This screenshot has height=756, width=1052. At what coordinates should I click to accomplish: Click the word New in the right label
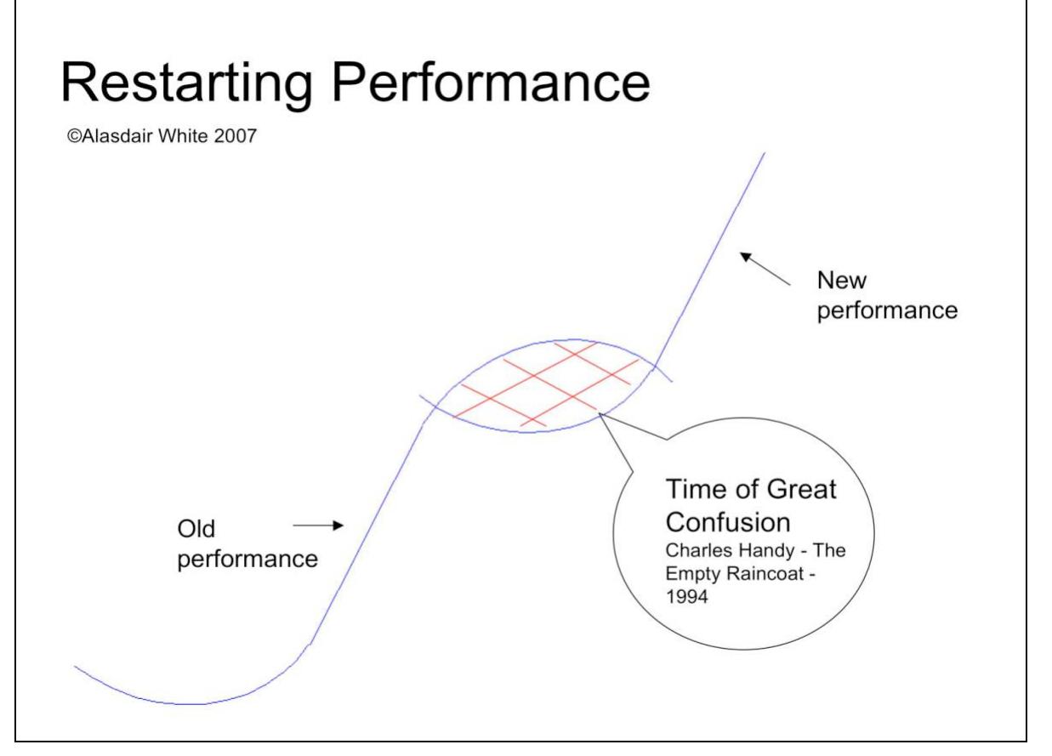pyautogui.click(x=838, y=281)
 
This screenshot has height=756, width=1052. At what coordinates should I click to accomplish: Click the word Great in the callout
pyautogui.click(x=795, y=491)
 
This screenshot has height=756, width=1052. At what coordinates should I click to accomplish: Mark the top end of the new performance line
pyautogui.click(x=764, y=153)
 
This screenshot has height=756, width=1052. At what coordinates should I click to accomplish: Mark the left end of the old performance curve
pyautogui.click(x=76, y=666)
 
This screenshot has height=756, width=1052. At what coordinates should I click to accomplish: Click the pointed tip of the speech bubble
pyautogui.click(x=600, y=415)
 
